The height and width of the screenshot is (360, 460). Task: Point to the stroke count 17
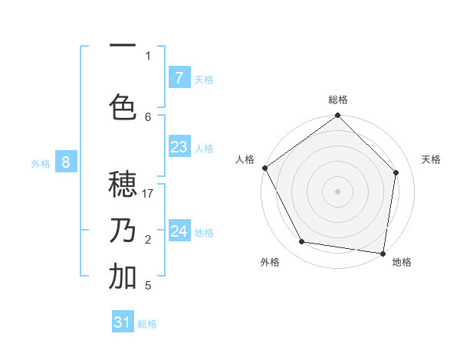coord(148,194)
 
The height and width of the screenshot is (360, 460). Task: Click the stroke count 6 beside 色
coord(148,116)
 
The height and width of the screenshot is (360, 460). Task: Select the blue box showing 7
coord(179,77)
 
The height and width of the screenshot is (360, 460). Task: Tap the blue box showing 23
coord(179,147)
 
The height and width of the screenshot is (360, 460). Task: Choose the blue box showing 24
coord(179,231)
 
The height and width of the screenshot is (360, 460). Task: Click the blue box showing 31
coord(123,322)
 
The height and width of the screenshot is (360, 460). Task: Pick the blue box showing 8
coord(66,162)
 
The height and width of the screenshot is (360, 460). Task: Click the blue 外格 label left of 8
coord(41,163)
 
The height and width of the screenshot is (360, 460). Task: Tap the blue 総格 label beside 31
coord(147,324)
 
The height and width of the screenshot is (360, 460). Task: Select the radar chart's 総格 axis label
coord(338,100)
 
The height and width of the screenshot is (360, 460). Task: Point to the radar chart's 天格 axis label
coord(432,159)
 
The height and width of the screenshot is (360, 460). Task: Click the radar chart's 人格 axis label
coord(245,159)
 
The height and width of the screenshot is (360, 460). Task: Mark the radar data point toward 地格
coord(383,253)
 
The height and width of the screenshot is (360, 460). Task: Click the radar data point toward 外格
coord(302,242)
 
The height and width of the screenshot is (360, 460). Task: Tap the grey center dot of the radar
coord(338,191)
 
